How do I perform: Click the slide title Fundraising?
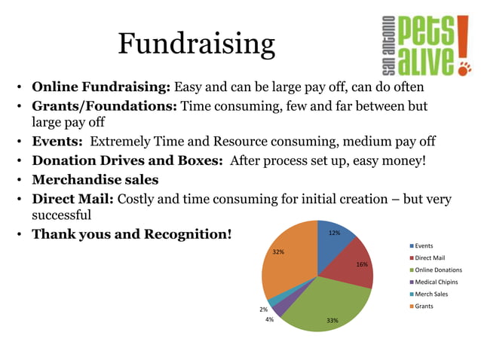click(x=196, y=44)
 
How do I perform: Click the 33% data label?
click(x=332, y=321)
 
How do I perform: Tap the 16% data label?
click(x=362, y=264)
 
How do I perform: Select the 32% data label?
click(x=278, y=252)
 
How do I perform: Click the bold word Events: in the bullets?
click(x=57, y=142)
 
